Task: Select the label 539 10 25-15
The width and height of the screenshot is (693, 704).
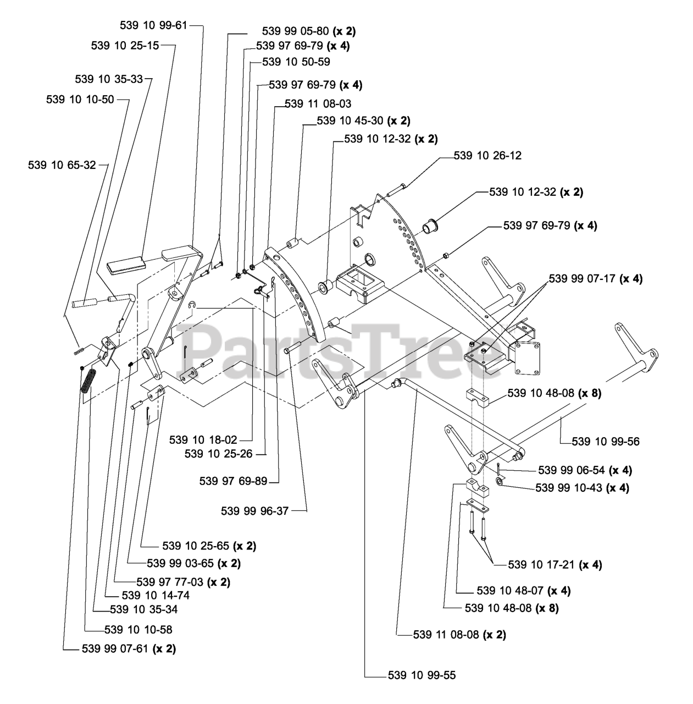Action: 125,46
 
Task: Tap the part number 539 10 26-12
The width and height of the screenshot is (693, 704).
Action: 487,156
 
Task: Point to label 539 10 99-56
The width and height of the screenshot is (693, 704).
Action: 605,441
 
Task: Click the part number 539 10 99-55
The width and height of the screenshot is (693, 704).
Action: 422,675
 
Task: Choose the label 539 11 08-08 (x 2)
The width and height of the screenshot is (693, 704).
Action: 459,634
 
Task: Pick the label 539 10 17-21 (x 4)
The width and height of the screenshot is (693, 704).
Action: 555,564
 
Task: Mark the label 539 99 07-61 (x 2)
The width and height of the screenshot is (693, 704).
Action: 129,648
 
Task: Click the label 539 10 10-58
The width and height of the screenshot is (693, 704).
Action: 138,629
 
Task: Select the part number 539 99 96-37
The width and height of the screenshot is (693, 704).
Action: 254,510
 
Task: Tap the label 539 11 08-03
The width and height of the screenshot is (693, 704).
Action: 318,103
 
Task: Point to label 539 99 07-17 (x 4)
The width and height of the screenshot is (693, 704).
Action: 596,279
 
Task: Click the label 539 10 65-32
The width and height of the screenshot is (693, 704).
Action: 62,164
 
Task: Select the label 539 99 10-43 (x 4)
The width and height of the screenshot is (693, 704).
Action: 582,488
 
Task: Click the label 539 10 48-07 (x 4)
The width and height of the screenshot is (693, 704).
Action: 524,591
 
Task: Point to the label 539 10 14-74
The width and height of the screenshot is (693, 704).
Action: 156,595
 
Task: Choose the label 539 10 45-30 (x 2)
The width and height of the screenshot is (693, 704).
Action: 363,120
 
